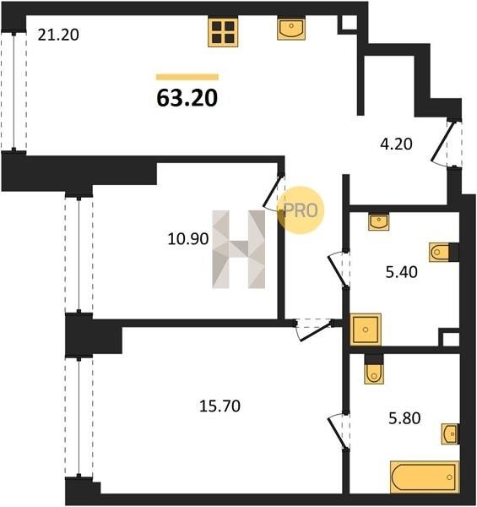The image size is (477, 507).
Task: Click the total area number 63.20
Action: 187,98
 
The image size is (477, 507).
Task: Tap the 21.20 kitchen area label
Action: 58,35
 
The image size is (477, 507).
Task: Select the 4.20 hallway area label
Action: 396,144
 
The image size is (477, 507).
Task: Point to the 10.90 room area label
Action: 188,239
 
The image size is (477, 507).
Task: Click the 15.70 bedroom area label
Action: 220,406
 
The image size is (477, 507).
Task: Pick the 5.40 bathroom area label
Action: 401,272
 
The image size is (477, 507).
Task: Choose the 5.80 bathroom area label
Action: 404,418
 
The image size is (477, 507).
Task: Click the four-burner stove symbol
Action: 223,32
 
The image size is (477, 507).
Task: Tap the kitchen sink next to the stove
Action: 291,28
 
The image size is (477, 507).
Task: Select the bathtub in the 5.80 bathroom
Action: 425,477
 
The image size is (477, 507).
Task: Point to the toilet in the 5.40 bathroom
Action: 439,252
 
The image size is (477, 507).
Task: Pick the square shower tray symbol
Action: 366,330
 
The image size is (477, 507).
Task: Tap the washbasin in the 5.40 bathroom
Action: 379,222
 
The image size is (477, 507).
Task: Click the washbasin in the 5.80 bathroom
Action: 450,433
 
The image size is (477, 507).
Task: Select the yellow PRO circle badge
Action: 301,210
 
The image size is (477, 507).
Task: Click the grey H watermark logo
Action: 239,249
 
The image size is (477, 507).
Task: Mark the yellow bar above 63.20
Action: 187,77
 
